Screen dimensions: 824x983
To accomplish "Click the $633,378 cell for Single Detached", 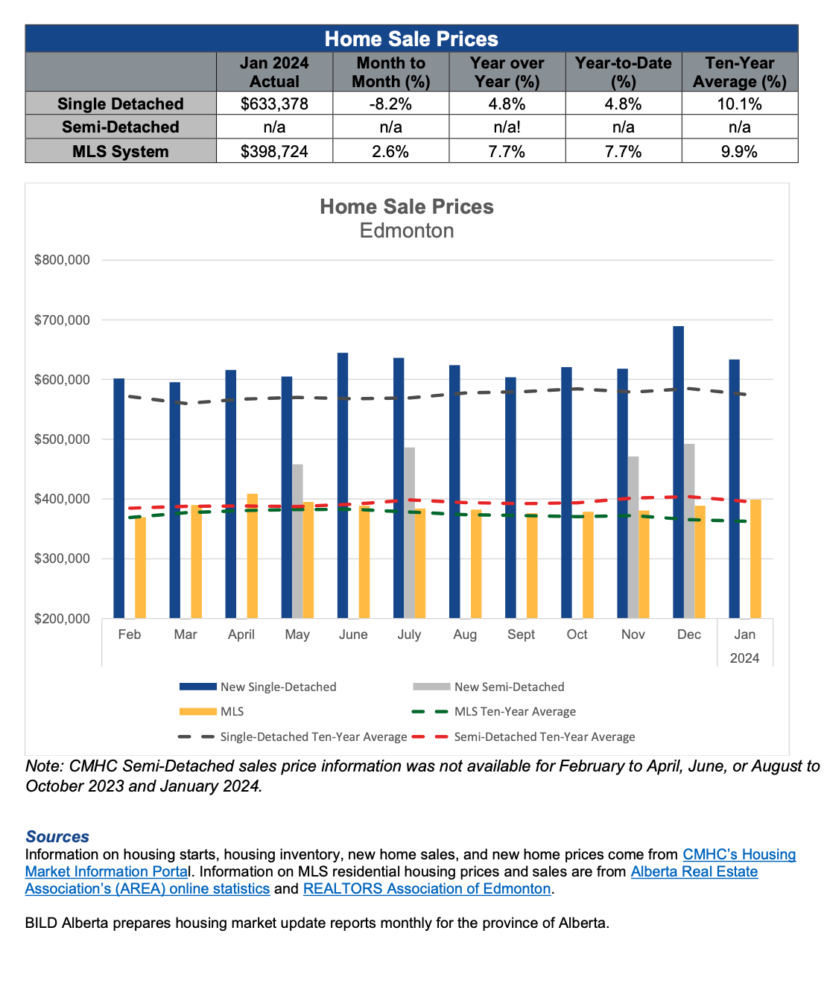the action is [x=274, y=104].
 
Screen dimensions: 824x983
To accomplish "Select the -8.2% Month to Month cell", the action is [x=390, y=104].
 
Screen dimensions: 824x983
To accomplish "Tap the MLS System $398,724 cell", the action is [x=274, y=151].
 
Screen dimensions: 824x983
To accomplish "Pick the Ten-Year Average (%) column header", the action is [x=739, y=72].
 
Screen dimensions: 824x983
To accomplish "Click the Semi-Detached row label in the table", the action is [x=121, y=127].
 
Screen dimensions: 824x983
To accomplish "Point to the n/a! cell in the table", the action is [x=507, y=127].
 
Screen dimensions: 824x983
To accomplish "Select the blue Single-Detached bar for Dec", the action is [x=678, y=472].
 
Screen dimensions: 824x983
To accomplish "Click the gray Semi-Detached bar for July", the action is [x=410, y=532].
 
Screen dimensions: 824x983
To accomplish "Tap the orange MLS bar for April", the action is [x=252, y=556].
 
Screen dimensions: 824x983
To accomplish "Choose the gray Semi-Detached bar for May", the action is [x=297, y=541].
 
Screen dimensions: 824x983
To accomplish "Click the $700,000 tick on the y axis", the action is [x=62, y=320].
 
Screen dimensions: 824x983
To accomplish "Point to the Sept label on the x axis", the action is [x=521, y=634].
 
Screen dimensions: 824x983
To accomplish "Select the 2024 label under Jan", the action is [x=744, y=658].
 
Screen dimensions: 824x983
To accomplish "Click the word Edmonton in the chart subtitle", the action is [x=407, y=231].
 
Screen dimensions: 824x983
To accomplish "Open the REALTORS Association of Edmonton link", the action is [x=427, y=888].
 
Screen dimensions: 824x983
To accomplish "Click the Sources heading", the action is [x=57, y=836].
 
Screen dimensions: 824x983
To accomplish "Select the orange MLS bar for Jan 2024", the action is [x=755, y=559].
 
